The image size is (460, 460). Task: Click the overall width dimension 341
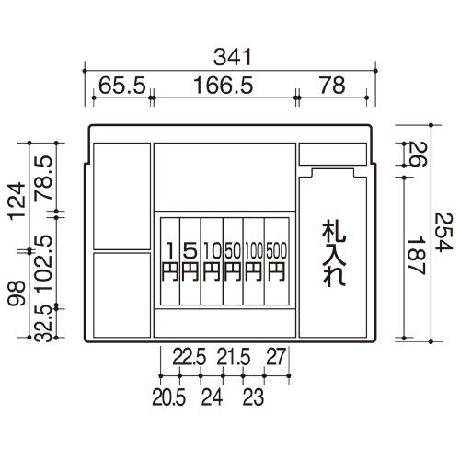pyautogui.click(x=233, y=57)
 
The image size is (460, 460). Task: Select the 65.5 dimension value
pyautogui.click(x=122, y=85)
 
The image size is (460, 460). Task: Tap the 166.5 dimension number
pyautogui.click(x=224, y=85)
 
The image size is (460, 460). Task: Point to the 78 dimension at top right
pyautogui.click(x=332, y=85)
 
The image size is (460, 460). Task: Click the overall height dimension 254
pyautogui.click(x=443, y=232)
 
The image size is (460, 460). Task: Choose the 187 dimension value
pyautogui.click(x=415, y=256)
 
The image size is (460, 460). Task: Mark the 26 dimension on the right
pyautogui.click(x=418, y=154)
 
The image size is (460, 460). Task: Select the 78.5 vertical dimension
pyautogui.click(x=43, y=178)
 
